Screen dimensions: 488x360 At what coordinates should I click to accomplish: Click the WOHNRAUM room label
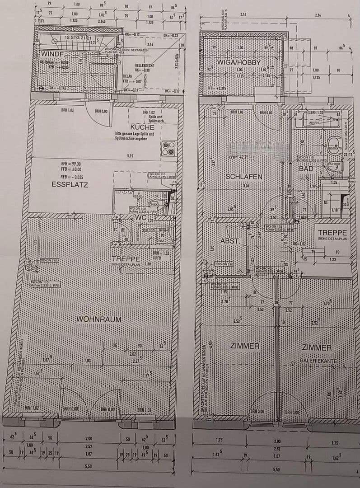[x=98, y=319]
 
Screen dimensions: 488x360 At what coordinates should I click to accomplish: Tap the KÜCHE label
[x=142, y=127]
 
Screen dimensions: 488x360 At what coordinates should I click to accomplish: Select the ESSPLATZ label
[x=70, y=184]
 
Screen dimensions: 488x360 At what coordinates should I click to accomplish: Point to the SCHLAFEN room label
[x=244, y=176]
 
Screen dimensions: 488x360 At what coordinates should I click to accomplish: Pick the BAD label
[x=306, y=169]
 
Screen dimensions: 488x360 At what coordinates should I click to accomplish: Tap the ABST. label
[x=229, y=241]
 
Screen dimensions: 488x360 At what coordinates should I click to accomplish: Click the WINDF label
[x=53, y=54]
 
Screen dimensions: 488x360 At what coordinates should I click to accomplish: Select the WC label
[x=140, y=218]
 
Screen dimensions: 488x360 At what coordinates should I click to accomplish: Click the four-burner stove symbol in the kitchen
[x=168, y=148]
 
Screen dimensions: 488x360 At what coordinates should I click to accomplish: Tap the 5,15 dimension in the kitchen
[x=130, y=156]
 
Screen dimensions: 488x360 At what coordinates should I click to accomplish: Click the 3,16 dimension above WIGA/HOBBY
[x=243, y=15]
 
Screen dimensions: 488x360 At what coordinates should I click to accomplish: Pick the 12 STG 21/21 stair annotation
[x=78, y=38]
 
